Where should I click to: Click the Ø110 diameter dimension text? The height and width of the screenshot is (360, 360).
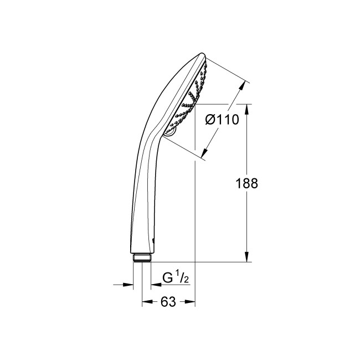pos(221,119)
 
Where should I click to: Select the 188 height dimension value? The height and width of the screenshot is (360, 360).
pos(248,184)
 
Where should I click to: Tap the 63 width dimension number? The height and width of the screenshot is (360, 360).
pos(168,302)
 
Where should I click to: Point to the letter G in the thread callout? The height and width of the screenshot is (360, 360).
pos(167,278)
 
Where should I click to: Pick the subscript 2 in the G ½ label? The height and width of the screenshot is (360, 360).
pos(187,280)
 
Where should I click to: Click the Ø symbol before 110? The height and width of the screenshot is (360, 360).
pos(209,119)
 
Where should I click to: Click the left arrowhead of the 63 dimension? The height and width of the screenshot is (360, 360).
pos(146,302)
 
